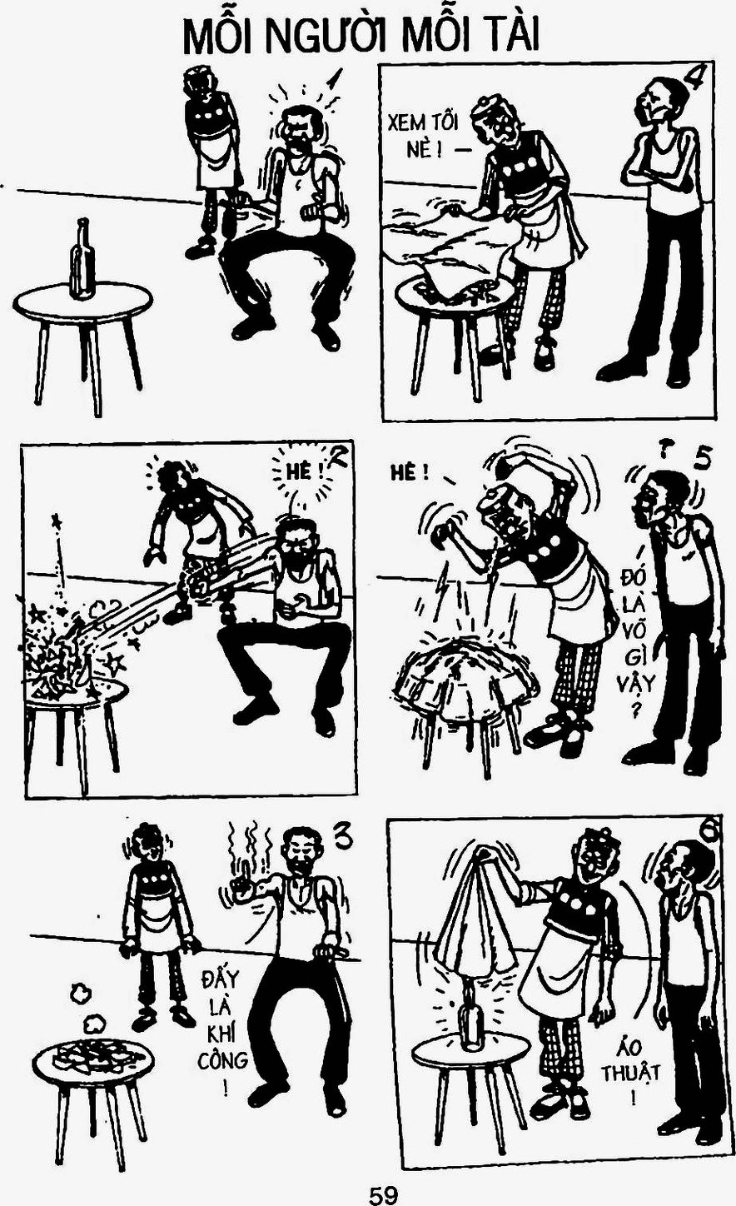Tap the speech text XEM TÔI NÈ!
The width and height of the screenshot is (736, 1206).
tap(424, 136)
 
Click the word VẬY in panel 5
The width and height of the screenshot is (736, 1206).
tap(635, 684)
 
